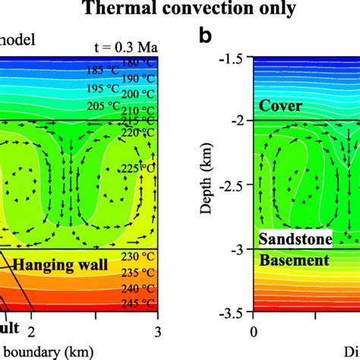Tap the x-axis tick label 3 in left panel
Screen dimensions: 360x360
(157, 330)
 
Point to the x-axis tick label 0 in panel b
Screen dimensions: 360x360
(254, 330)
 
